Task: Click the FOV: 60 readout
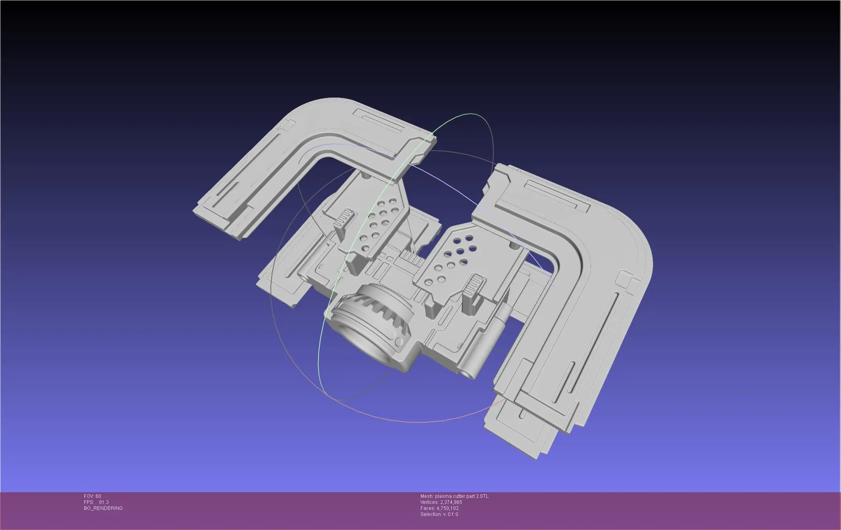coord(92,496)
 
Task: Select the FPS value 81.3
coord(104,502)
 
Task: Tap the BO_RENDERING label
coord(103,508)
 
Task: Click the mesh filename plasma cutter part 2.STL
coord(462,496)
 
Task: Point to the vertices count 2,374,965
coord(451,502)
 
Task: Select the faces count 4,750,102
coord(447,508)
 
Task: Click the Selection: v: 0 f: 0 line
coord(439,514)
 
